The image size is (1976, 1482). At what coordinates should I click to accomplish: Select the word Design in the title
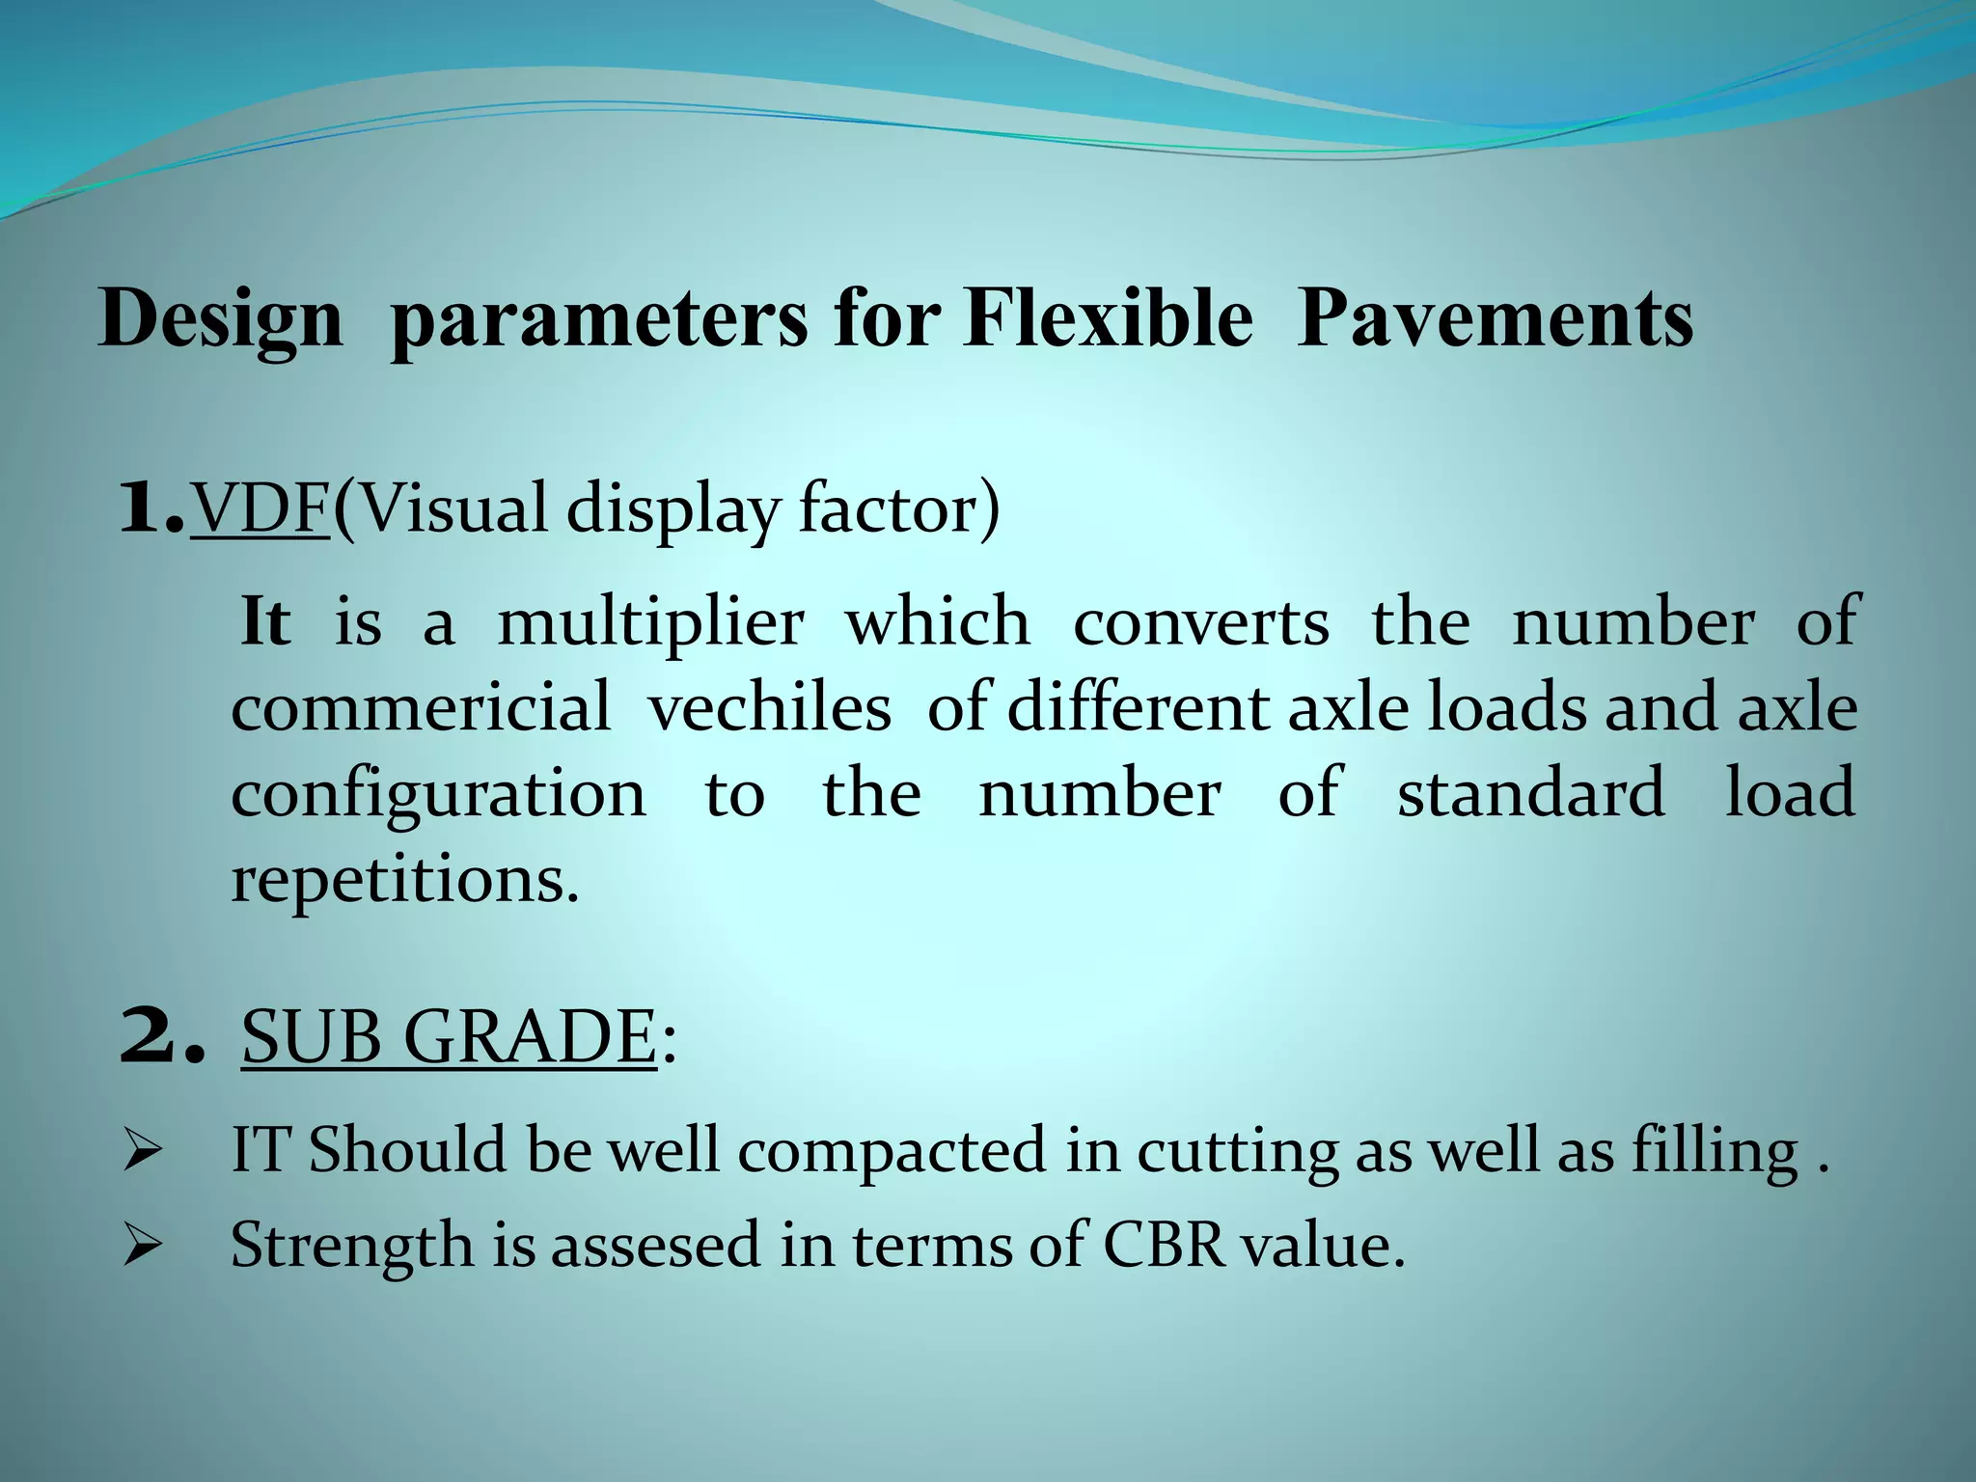pyautogui.click(x=221, y=321)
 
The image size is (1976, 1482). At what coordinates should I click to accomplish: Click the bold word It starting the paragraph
pyautogui.click(x=264, y=622)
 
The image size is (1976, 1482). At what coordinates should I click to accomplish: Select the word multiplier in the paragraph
pyautogui.click(x=650, y=622)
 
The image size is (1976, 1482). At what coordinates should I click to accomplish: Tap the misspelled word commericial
pyautogui.click(x=421, y=707)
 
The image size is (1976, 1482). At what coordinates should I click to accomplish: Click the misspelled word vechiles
pyautogui.click(x=769, y=707)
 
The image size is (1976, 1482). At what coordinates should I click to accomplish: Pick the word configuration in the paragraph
pyautogui.click(x=439, y=794)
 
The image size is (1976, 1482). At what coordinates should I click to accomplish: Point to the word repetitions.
pyautogui.click(x=405, y=879)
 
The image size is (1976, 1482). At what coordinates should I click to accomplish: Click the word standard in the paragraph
pyautogui.click(x=1531, y=792)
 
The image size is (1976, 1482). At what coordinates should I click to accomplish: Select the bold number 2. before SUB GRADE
pyautogui.click(x=163, y=1037)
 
